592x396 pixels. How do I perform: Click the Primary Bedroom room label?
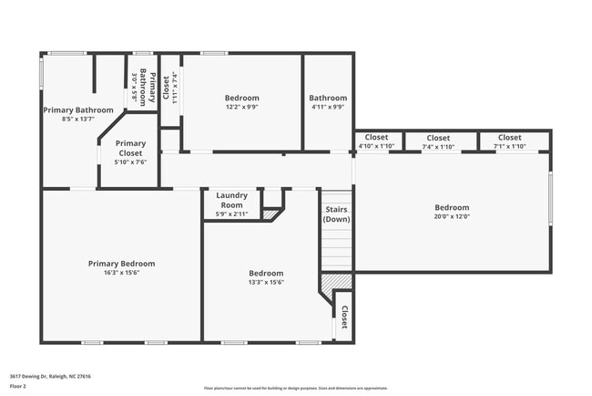[121, 264]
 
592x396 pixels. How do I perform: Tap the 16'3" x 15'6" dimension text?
[121, 273]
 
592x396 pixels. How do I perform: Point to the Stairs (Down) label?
[336, 214]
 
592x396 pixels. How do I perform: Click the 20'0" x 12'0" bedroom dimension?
[452, 217]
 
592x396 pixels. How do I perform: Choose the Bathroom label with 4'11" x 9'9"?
[328, 98]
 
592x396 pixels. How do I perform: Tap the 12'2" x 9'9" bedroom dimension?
[241, 107]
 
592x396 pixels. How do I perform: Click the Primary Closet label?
[130, 148]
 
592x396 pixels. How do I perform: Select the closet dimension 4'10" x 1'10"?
[376, 146]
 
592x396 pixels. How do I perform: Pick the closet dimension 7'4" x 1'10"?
[438, 146]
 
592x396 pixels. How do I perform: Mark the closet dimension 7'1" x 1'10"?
[509, 146]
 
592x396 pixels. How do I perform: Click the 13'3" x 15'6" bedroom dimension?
[266, 282]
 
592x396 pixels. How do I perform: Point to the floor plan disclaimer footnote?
[295, 388]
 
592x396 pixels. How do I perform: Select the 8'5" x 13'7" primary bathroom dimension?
[77, 119]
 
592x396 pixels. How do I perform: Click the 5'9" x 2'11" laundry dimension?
[231, 214]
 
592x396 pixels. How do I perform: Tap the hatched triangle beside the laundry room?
[270, 214]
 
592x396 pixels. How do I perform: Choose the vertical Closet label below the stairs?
[344, 316]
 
